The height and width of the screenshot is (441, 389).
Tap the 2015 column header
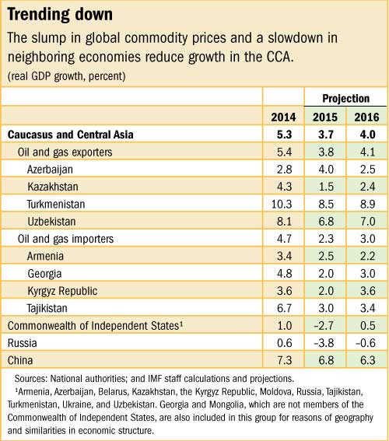pos(325,117)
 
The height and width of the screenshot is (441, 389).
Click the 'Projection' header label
pos(346,99)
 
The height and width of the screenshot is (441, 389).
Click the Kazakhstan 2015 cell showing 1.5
pos(325,187)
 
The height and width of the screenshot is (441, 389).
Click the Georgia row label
pos(46,274)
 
